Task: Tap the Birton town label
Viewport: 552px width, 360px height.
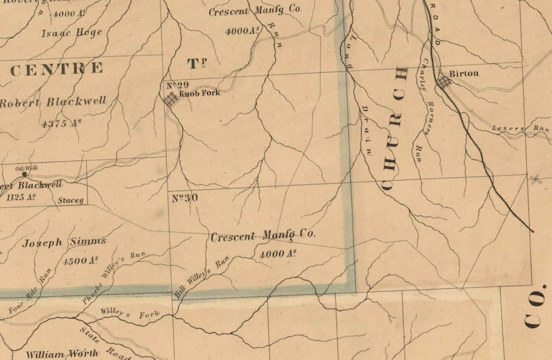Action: [x=464, y=72]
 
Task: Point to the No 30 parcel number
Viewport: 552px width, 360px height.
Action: [x=185, y=198]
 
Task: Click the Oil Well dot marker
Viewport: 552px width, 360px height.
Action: [x=25, y=174]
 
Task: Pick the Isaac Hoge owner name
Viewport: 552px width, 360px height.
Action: [x=72, y=33]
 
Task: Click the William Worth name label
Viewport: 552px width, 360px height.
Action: [x=55, y=354]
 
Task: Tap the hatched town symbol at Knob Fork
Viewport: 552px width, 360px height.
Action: [x=170, y=99]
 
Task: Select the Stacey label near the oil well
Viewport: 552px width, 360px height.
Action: [x=70, y=201]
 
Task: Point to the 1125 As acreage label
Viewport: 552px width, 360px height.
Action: [x=20, y=197]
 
